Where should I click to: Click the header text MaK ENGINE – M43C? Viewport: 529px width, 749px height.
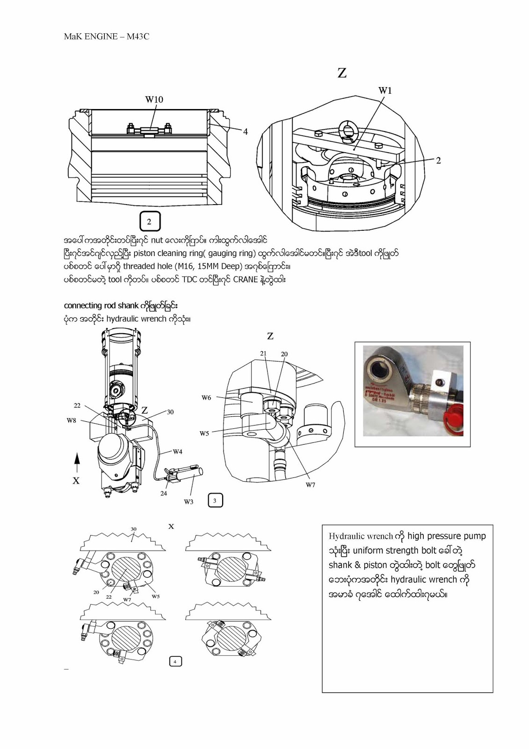pos(106,37)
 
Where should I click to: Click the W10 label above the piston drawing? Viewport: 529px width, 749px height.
pos(154,99)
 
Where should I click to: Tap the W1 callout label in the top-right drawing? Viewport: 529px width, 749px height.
pos(385,90)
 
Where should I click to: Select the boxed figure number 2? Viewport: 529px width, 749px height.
pos(150,221)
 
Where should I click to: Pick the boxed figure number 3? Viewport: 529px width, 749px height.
pos(215,500)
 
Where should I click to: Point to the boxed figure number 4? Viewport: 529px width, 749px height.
pos(175,661)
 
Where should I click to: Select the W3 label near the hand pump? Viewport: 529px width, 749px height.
pos(188,502)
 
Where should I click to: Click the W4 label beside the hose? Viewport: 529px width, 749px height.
pos(177,452)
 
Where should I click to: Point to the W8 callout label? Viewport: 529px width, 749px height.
pos(71,420)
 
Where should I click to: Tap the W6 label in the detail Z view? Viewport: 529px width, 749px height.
pos(206,398)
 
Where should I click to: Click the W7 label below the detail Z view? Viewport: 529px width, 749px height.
pos(311,485)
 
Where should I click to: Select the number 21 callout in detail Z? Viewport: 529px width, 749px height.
pos(263,353)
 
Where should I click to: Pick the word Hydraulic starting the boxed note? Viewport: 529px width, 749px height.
pos(346,536)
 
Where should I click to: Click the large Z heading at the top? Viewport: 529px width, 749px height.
pos(342,73)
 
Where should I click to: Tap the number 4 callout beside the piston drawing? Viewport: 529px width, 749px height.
pos(245,132)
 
